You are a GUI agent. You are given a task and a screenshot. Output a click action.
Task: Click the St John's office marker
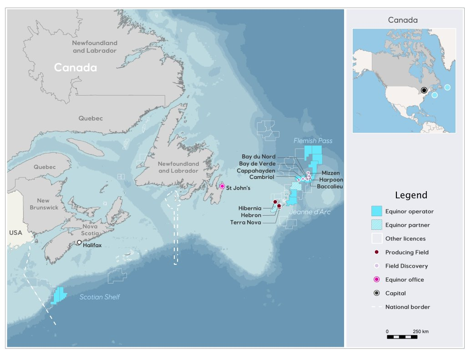click(222, 186)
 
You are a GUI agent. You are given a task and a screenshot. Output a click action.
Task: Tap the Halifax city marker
click(79, 243)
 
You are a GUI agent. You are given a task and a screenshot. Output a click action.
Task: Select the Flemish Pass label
click(313, 141)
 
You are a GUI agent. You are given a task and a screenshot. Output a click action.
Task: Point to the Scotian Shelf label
click(100, 297)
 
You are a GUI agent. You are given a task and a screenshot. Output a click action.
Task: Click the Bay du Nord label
click(258, 157)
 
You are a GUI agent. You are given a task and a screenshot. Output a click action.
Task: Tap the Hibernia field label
click(250, 208)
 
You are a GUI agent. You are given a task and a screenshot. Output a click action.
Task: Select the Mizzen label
click(330, 173)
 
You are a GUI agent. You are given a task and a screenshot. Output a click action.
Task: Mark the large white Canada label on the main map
click(76, 68)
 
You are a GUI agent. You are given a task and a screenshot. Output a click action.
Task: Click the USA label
click(15, 233)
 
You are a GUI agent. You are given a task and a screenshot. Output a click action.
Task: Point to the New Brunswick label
click(44, 204)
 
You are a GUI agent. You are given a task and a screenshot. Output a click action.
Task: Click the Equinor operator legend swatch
click(376, 211)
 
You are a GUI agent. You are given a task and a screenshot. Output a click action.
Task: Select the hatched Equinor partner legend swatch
click(376, 225)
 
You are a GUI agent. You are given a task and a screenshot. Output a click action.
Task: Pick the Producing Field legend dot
click(376, 252)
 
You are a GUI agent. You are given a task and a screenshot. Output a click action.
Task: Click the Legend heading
click(411, 195)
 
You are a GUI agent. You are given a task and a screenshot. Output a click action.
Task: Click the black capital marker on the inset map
click(424, 91)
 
